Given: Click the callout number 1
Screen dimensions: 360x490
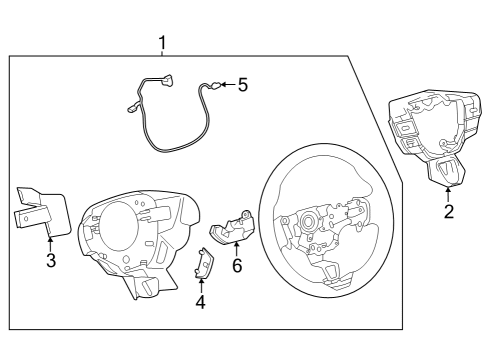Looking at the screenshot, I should pyautogui.click(x=163, y=42).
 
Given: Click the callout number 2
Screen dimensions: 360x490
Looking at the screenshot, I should pyautogui.click(x=449, y=211).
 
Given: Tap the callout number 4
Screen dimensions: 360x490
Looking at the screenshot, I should pyautogui.click(x=200, y=302).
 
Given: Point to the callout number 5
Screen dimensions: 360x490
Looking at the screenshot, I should pyautogui.click(x=243, y=85).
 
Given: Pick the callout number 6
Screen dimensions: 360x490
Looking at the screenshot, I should pyautogui.click(x=237, y=266).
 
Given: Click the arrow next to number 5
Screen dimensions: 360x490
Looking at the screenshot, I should pyautogui.click(x=226, y=85).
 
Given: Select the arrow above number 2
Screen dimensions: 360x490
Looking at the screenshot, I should pyautogui.click(x=449, y=191).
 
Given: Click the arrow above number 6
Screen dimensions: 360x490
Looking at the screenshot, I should pyautogui.click(x=237, y=247).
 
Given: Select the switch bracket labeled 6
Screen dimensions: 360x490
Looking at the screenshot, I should pyautogui.click(x=228, y=230).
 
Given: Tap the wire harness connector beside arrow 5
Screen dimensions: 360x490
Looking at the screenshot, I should pyautogui.click(x=213, y=87).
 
